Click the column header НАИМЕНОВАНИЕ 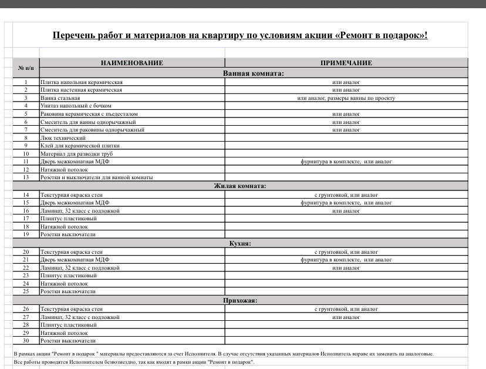(x=131, y=63)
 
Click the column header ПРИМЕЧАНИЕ (x=346, y=63)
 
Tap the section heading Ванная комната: (x=253, y=73)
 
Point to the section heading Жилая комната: (x=239, y=186)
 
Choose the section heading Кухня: (x=239, y=243)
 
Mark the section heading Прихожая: (x=239, y=300)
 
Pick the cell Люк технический (x=59, y=137)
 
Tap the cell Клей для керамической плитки (x=80, y=146)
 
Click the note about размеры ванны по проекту (x=346, y=98)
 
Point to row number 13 (x=26, y=177)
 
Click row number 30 (x=26, y=340)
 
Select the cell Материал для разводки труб (x=72, y=153)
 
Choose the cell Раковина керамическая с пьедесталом (x=89, y=114)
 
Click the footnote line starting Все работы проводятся (x=134, y=362)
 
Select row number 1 (x=26, y=82)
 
